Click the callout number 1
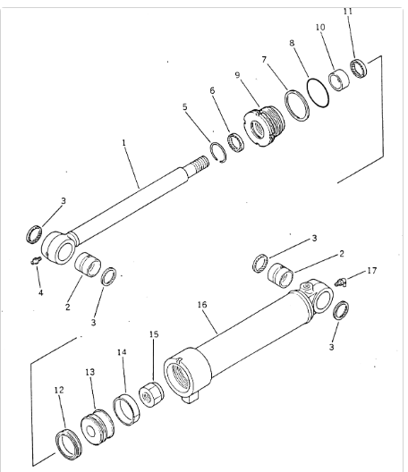pyautogui.click(x=123, y=143)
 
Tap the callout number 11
pyautogui.click(x=348, y=12)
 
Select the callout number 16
pyautogui.click(x=202, y=305)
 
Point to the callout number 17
pyautogui.click(x=372, y=271)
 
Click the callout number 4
pyautogui.click(x=40, y=292)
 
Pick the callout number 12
pyautogui.click(x=59, y=390)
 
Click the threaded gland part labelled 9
pyautogui.click(x=264, y=126)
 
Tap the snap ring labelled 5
pyautogui.click(x=218, y=152)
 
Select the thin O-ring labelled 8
pyautogui.click(x=318, y=93)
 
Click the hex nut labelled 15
pyautogui.click(x=151, y=393)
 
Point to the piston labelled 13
pyautogui.click(x=98, y=426)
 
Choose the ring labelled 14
pyautogui.click(x=126, y=409)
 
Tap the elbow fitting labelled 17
pyautogui.click(x=341, y=282)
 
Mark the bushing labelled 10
pyautogui.click(x=339, y=80)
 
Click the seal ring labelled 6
pyautogui.click(x=235, y=142)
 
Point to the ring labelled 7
pyautogui.click(x=297, y=105)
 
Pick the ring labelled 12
pyautogui.click(x=69, y=444)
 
